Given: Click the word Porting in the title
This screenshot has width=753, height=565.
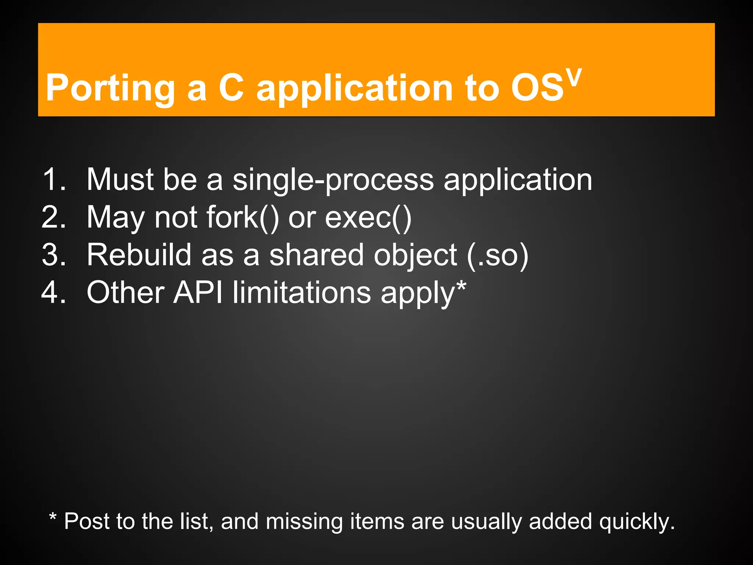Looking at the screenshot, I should [110, 88].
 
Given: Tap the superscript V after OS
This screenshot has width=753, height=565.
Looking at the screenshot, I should [574, 77].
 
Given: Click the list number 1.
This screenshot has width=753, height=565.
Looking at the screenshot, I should [53, 180].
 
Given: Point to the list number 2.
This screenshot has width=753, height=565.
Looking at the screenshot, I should [53, 217].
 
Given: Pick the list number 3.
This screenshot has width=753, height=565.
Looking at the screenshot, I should [53, 255].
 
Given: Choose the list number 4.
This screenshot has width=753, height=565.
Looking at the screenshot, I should [53, 292].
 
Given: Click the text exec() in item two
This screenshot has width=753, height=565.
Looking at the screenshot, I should [368, 217].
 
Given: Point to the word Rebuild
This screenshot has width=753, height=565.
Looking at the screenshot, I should [139, 255].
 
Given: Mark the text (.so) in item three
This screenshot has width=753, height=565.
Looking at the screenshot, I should [497, 255].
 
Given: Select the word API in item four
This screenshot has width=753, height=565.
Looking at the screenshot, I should [198, 292].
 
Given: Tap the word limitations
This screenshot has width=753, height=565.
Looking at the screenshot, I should [301, 292].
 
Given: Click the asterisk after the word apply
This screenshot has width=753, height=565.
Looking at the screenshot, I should [461, 286].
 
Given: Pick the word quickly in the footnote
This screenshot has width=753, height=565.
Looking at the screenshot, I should [636, 522].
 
